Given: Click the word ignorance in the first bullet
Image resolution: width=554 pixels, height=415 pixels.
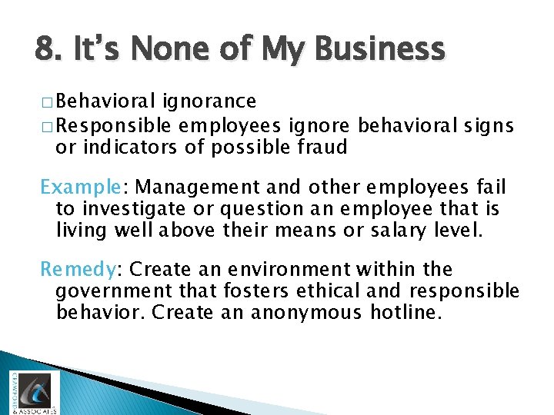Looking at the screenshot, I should [209, 101].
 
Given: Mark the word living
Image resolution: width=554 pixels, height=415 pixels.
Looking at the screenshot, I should [84, 231].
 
